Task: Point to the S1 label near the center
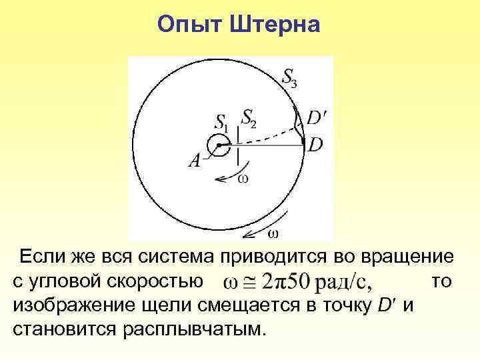tap(221, 123)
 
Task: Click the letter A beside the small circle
tap(195, 161)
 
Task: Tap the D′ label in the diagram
tap(317, 118)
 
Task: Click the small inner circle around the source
tap(218, 145)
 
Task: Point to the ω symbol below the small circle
tap(243, 177)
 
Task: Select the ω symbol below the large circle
tap(273, 233)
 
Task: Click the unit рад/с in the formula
tap(345, 282)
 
